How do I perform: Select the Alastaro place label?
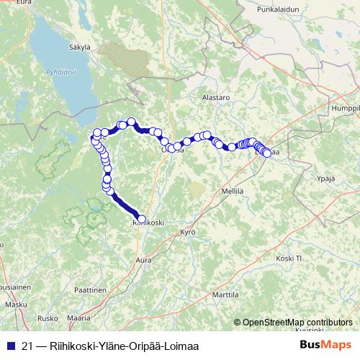click(x=215, y=96)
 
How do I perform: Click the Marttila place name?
click(x=225, y=295)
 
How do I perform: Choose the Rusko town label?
click(x=47, y=318)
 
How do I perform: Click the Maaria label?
click(x=78, y=318)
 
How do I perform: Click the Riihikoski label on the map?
click(x=148, y=223)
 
